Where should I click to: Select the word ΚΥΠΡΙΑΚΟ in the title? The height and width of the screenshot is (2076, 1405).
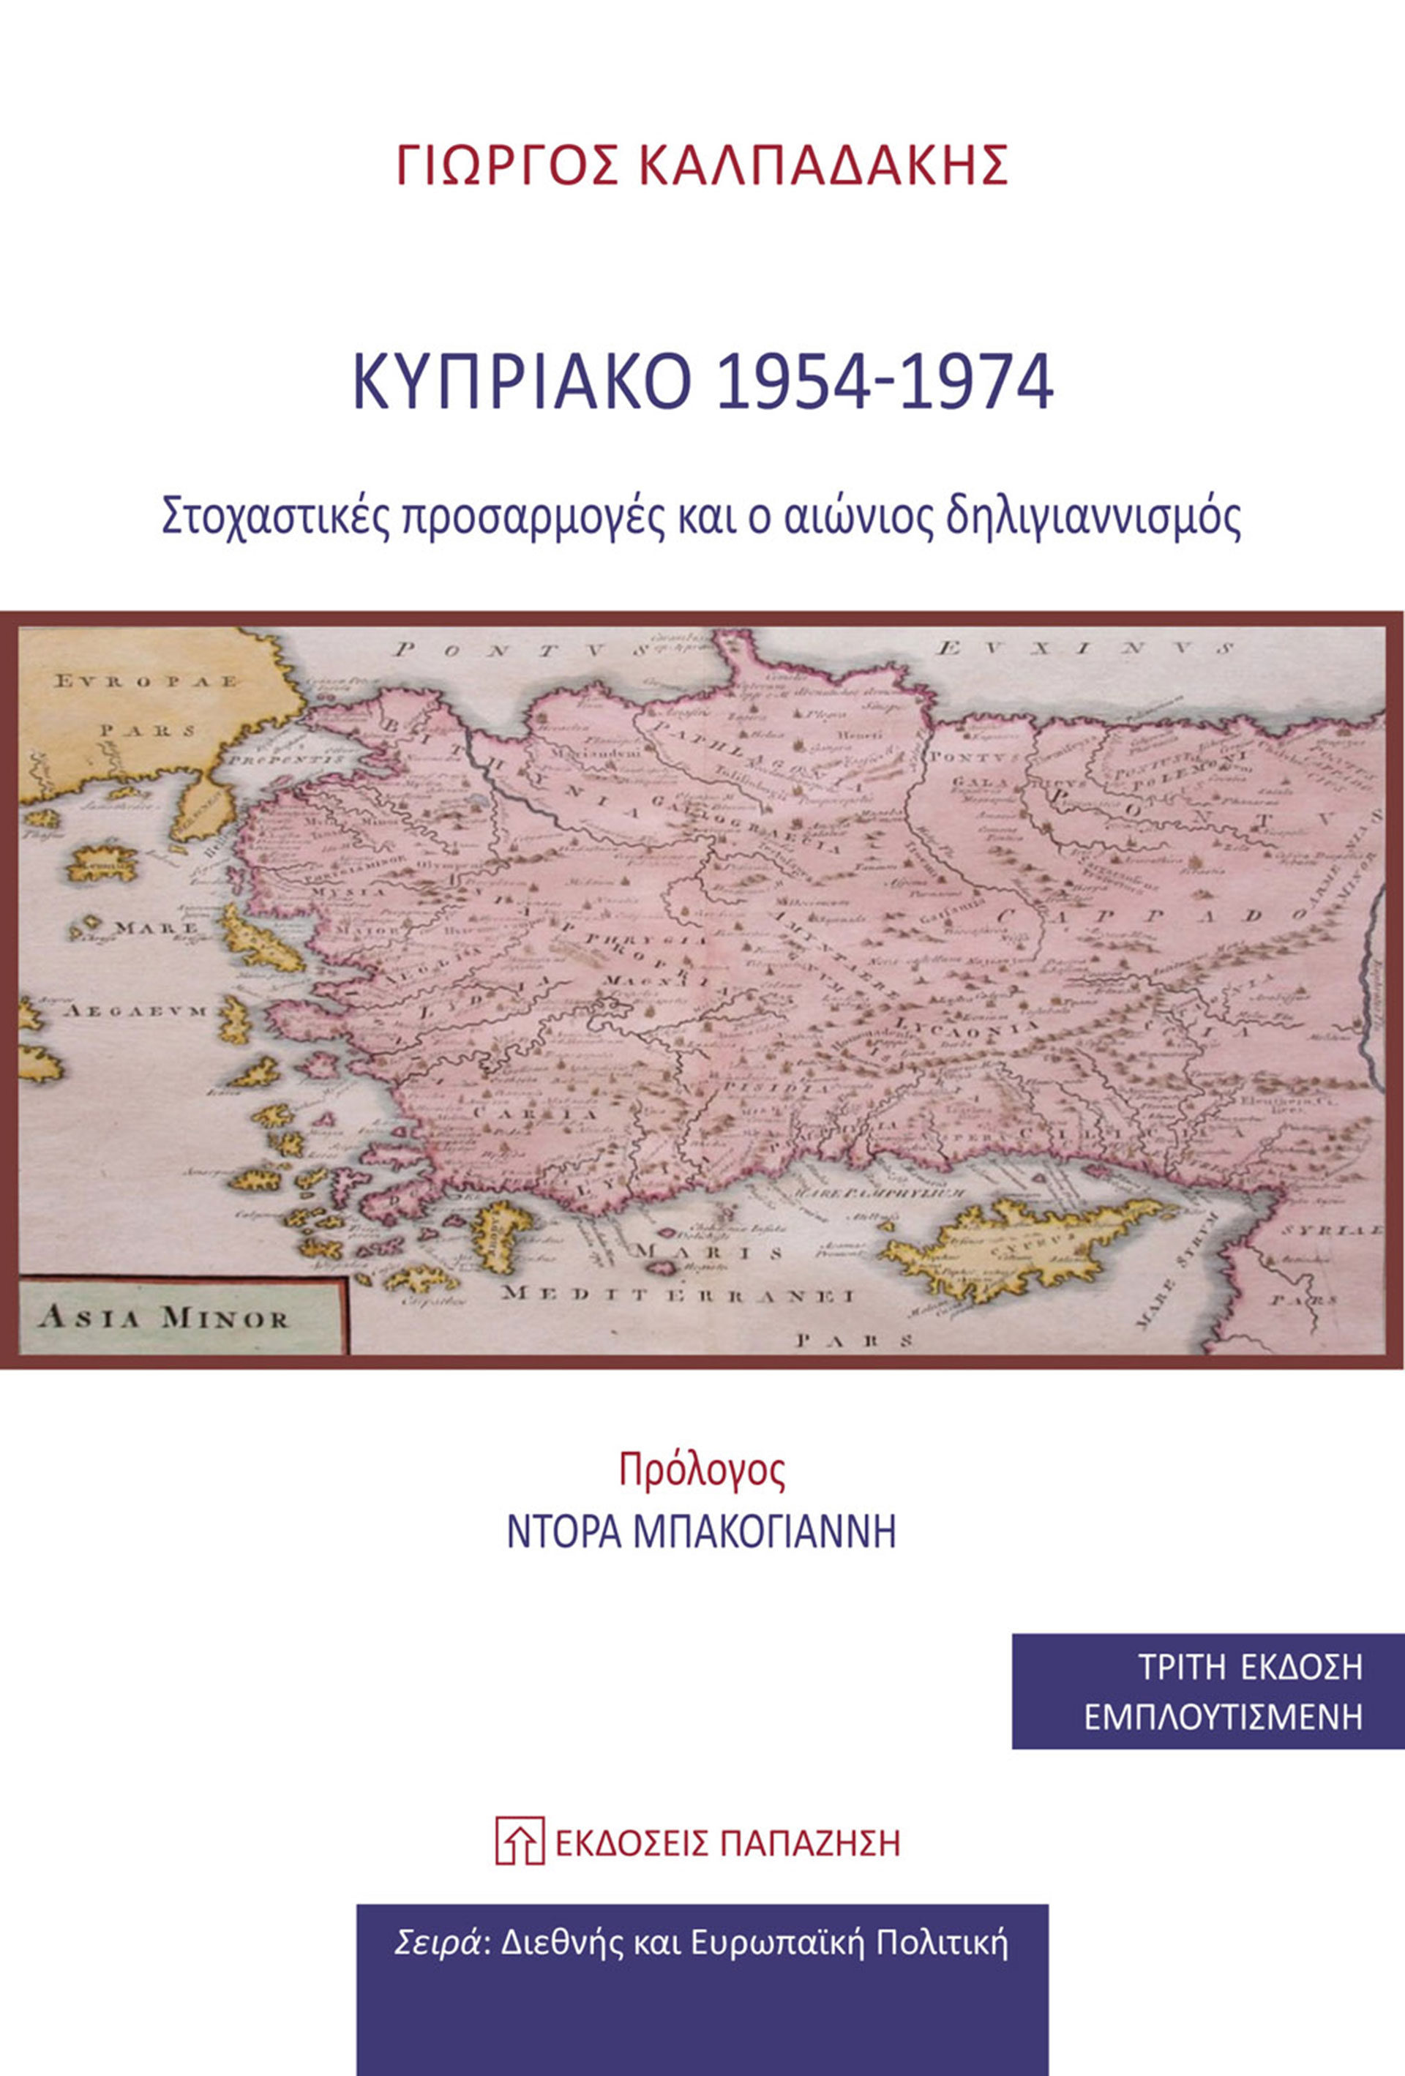point(523,385)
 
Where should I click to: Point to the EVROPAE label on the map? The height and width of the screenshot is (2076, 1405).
point(146,681)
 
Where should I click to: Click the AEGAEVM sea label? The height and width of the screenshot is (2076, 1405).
point(134,1011)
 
